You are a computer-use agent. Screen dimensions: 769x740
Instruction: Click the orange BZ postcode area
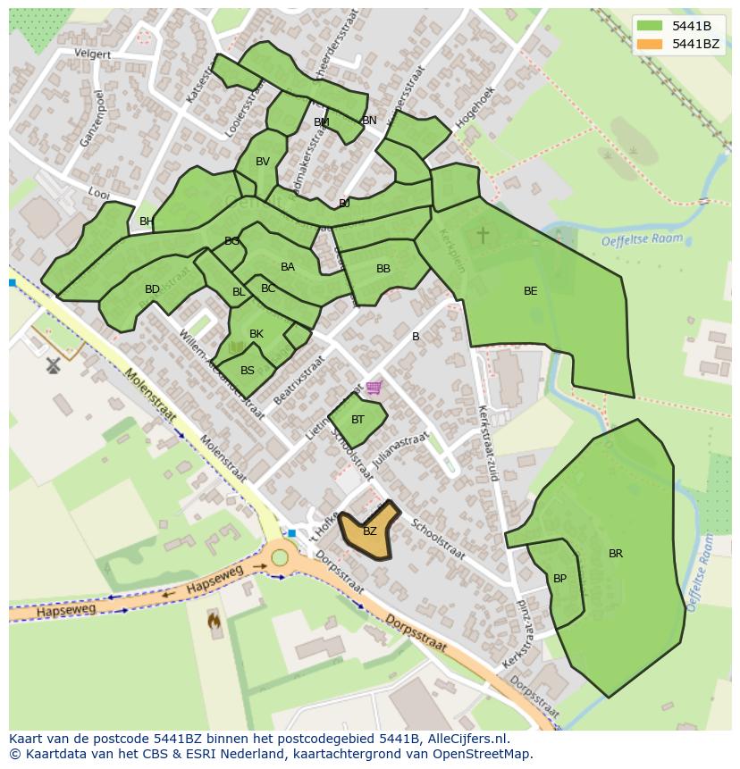369,531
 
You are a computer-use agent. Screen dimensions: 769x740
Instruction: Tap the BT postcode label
357,420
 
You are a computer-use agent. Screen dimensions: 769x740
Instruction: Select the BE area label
530,291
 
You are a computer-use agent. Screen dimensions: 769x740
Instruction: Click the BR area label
616,554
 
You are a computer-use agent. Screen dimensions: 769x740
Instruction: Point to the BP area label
559,579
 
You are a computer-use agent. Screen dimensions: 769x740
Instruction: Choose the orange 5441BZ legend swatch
650,44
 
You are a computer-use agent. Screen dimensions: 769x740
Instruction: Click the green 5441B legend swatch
650,26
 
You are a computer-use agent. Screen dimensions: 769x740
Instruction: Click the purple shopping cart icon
374,388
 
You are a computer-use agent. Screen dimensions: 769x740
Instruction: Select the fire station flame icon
213,618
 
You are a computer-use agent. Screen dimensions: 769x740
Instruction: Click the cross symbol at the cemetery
483,235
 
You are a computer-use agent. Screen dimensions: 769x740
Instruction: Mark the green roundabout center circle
280,558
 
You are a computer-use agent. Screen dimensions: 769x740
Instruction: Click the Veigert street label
93,54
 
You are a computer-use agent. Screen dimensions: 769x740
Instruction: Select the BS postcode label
248,371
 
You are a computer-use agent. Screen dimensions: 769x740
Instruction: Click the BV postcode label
262,162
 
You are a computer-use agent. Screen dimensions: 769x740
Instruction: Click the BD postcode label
152,289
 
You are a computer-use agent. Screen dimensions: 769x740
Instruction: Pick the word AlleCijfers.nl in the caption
467,739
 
